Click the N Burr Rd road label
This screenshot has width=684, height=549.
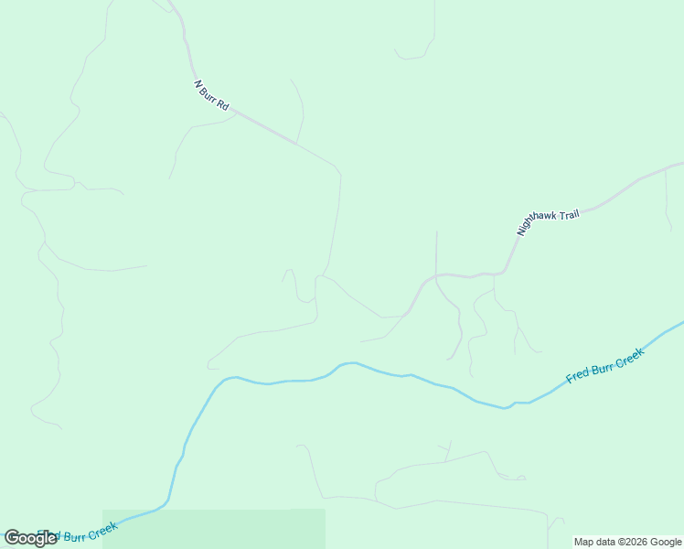pyautogui.click(x=211, y=96)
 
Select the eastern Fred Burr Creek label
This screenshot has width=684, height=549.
pyautogui.click(x=605, y=364)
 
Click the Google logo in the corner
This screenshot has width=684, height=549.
pyautogui.click(x=30, y=538)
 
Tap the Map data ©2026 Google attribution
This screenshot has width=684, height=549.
pyautogui.click(x=628, y=542)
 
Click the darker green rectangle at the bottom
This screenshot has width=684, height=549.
pyautogui.click(x=214, y=529)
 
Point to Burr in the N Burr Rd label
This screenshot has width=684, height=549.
pyautogui.click(x=211, y=96)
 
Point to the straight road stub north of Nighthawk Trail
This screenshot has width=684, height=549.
pyautogui.click(x=436, y=252)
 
